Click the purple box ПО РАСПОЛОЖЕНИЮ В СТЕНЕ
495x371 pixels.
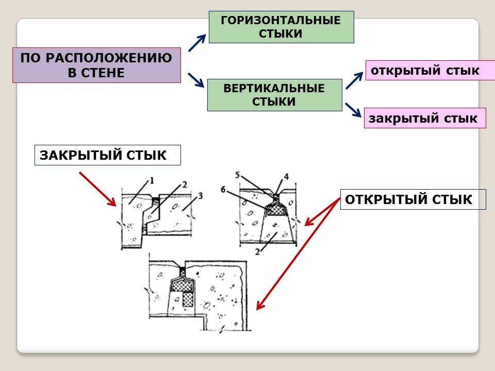(96, 65)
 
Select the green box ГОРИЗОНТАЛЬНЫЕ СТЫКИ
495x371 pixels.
(281, 27)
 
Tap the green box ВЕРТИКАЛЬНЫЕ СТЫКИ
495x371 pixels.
(274, 95)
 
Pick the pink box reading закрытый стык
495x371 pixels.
(424, 118)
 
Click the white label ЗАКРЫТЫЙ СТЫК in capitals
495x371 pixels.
(107, 155)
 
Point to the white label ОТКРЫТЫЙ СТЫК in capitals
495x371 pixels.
(412, 199)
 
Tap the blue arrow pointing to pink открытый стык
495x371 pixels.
(354, 80)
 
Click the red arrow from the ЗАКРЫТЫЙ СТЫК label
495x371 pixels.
(98, 189)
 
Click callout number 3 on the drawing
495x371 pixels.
(201, 195)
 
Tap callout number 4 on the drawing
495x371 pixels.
(286, 176)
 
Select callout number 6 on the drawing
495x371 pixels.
(223, 189)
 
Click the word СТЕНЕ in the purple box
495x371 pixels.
(96, 73)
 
